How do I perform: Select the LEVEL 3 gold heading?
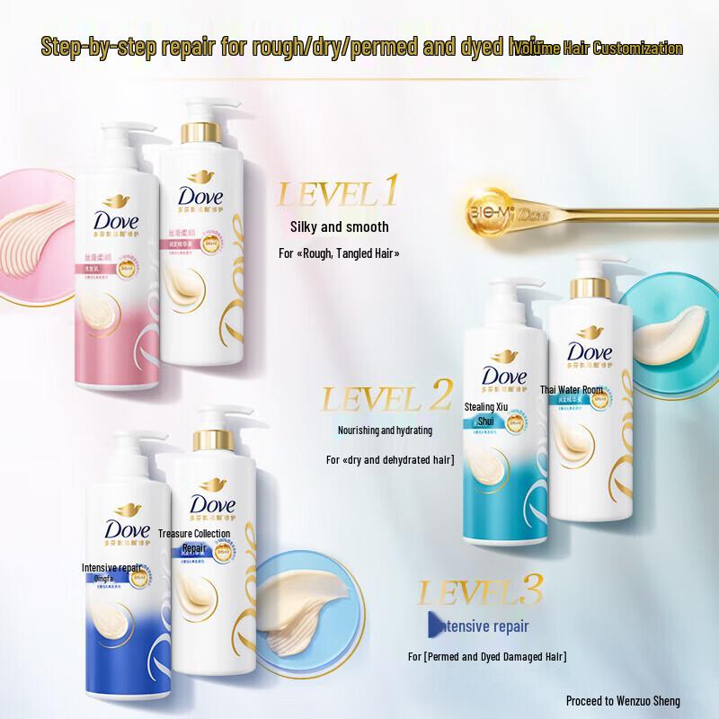point(480,593)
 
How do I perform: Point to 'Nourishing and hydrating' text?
point(385,431)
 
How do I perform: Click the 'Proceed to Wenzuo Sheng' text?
point(623,700)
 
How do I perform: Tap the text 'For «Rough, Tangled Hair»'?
point(339,254)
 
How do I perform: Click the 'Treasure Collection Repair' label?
point(194,539)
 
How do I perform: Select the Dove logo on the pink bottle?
point(120,219)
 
